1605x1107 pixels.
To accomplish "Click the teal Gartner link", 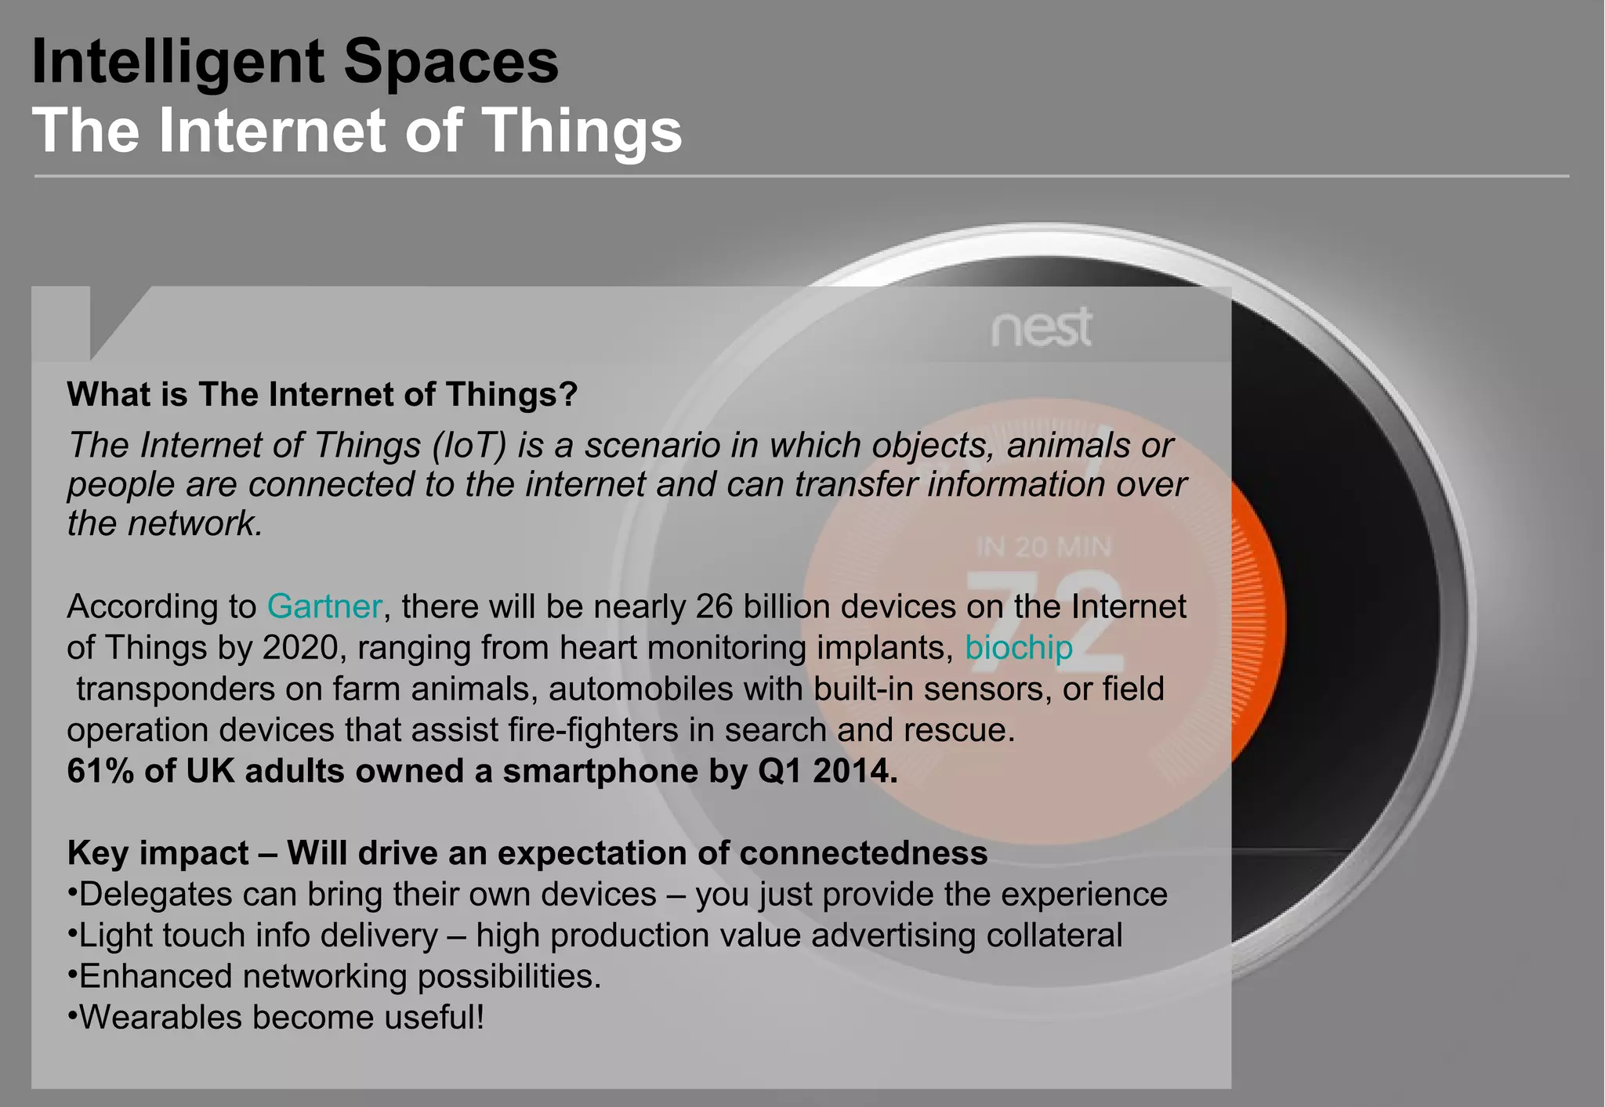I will point(324,606).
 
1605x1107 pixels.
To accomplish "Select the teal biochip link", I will point(1018,648).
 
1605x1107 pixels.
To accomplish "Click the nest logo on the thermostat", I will point(1042,327).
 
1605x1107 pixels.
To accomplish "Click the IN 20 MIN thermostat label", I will point(1043,547).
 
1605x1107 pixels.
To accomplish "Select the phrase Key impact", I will point(158,853).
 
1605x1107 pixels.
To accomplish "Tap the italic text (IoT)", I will point(469,445).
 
